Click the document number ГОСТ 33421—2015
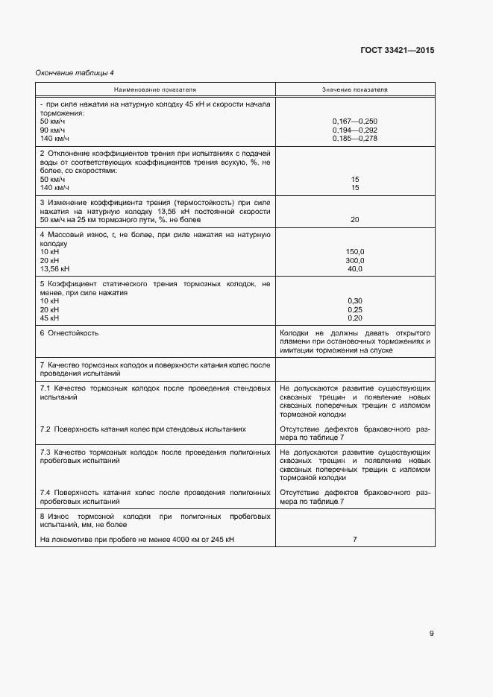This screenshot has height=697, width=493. pos(397,51)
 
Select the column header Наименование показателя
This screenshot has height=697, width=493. pos(155,89)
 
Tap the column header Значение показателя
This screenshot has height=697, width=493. pos(355,89)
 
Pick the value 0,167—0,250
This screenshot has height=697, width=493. pos(355,121)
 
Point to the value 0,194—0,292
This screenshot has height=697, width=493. pos(355,130)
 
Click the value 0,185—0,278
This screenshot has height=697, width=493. pos(355,139)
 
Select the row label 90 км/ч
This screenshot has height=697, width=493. pos(54,130)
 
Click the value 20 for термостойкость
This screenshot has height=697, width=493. pos(355,220)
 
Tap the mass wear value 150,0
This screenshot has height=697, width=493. pos(355,251)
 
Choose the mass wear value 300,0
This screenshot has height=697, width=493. pos(355,260)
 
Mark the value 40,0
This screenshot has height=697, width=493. pos(355,268)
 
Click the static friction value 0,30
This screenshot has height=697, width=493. pos(355,300)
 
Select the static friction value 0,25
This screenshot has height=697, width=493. pos(355,309)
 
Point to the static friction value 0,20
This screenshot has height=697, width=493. pos(355,318)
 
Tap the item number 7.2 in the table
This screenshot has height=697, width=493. pos(45,429)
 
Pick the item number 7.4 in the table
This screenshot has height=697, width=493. pos(45,493)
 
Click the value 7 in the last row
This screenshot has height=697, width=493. pos(355,539)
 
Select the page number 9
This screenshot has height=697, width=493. pos(431,634)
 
